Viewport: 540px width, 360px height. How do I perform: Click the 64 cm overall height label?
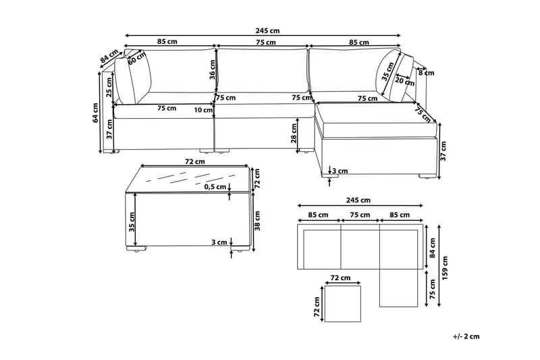(x=96, y=113)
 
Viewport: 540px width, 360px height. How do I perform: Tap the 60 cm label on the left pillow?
(x=137, y=57)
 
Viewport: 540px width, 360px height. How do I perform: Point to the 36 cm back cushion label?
(x=213, y=70)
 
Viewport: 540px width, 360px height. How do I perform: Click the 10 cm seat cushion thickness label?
(x=203, y=110)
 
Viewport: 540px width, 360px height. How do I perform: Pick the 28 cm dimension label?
(x=294, y=133)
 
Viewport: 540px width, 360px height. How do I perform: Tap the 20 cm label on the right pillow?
(x=404, y=81)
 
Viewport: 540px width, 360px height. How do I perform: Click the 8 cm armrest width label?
(x=427, y=73)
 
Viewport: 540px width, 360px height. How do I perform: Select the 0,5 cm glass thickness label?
(x=215, y=187)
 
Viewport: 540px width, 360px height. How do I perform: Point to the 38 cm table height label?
(x=258, y=220)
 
